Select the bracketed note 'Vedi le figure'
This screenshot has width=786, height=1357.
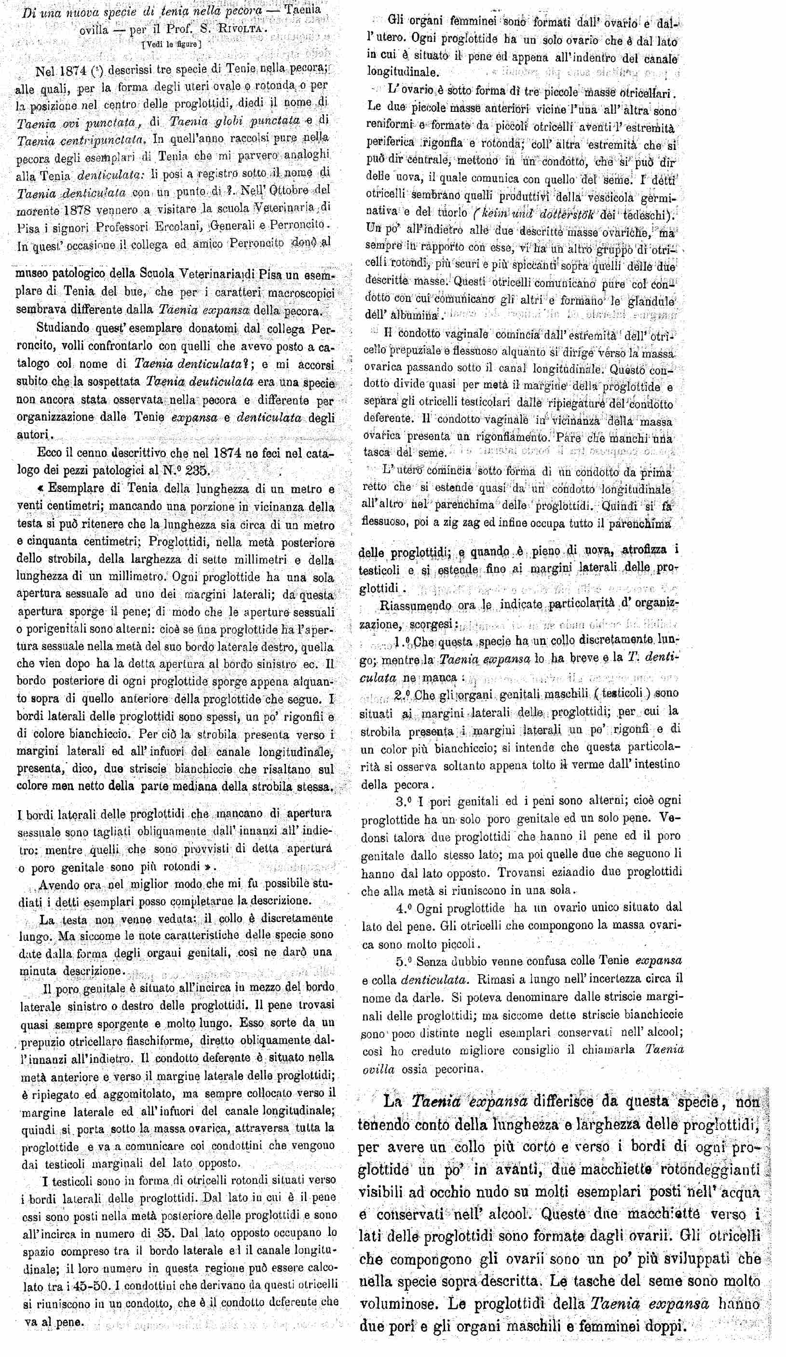(171, 45)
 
